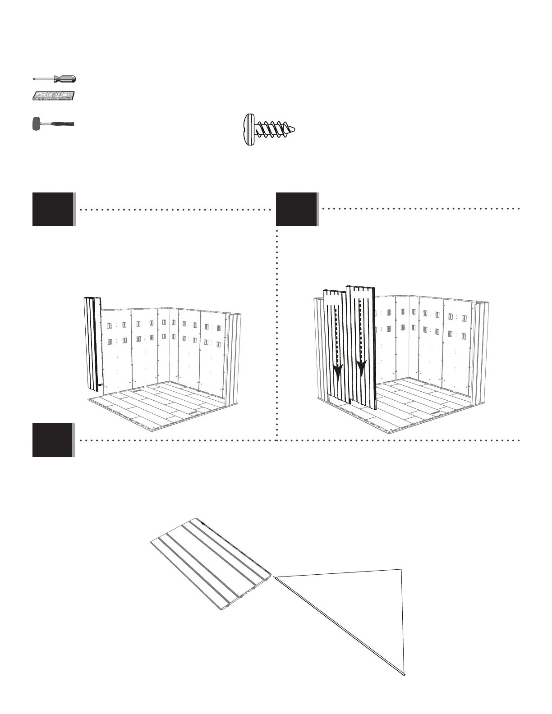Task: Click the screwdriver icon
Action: [x=54, y=79]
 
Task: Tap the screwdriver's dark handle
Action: [x=65, y=79]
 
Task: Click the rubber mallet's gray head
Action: [x=36, y=124]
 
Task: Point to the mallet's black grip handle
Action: [x=63, y=124]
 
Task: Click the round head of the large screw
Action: [x=248, y=130]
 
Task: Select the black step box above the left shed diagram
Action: [x=53, y=209]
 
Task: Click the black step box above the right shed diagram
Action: [x=296, y=209]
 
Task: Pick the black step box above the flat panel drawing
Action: [x=53, y=440]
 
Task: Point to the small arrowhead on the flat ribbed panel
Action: [x=203, y=524]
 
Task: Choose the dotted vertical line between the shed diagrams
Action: [x=276, y=334]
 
